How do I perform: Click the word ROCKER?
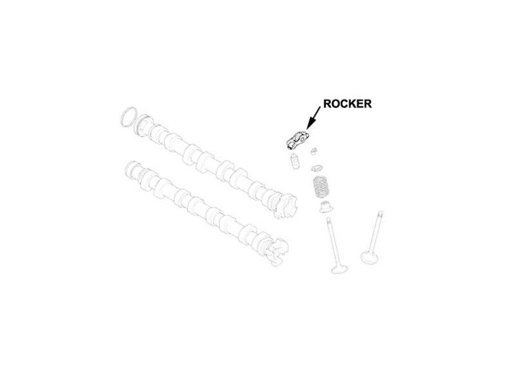(x=347, y=104)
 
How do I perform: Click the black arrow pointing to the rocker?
(x=313, y=118)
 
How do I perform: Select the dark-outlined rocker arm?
(x=297, y=139)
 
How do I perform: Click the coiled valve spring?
(x=321, y=186)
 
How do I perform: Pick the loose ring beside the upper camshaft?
(x=128, y=117)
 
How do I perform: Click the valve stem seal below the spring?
(x=326, y=206)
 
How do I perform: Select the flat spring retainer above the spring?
(x=318, y=168)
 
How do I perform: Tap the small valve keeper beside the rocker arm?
(x=315, y=152)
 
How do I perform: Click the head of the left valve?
(x=339, y=268)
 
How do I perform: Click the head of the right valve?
(x=369, y=257)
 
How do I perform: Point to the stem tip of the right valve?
(x=381, y=213)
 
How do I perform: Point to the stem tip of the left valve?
(x=329, y=219)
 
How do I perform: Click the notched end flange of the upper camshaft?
(x=285, y=206)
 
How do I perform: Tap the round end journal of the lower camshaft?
(x=132, y=170)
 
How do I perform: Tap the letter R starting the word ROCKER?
(x=328, y=104)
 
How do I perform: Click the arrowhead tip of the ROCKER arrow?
(x=307, y=129)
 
